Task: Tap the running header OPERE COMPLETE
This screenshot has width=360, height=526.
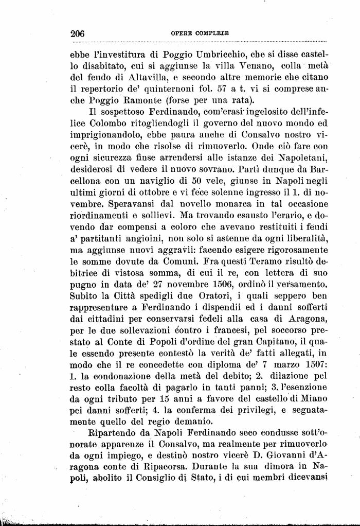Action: [200, 33]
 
